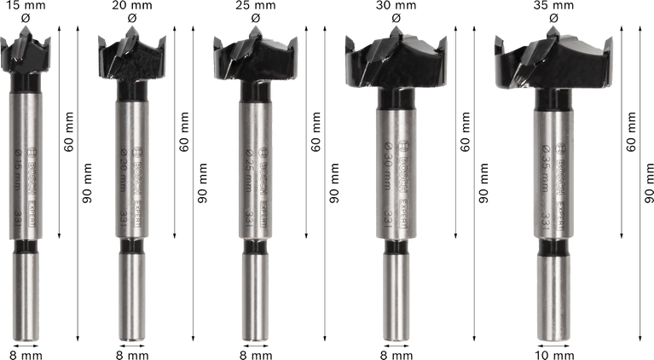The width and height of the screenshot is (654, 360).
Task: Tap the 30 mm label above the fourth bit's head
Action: (393, 5)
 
